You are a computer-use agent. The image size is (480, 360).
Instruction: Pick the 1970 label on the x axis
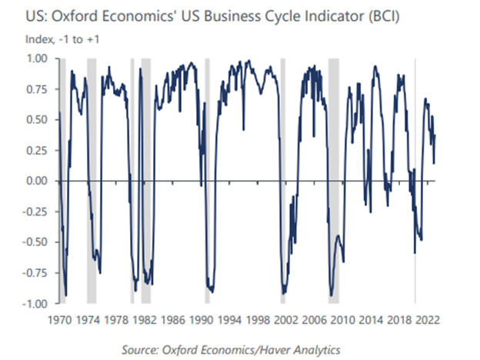(60, 318)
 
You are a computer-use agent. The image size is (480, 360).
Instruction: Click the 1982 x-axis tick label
(145, 318)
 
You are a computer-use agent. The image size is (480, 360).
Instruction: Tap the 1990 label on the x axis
(201, 318)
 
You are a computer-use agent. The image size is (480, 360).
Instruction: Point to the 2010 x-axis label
(342, 318)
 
